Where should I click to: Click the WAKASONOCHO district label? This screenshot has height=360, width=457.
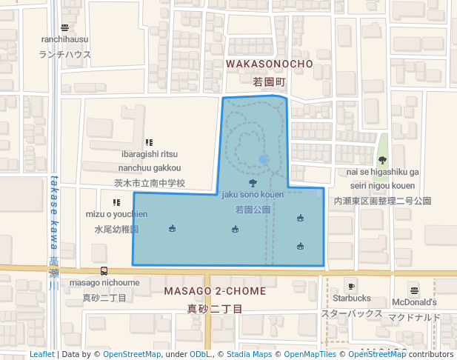(x=269, y=64)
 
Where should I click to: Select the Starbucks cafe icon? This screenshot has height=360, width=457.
(x=351, y=286)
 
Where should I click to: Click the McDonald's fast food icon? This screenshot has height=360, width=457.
(x=414, y=290)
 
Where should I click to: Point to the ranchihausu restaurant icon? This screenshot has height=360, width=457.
(x=65, y=27)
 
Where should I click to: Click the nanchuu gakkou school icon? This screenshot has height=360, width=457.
(x=149, y=142)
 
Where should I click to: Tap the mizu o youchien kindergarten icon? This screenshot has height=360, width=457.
(x=116, y=202)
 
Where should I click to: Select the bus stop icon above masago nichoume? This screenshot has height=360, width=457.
(x=104, y=271)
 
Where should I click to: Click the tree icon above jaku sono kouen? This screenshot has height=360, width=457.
(x=253, y=183)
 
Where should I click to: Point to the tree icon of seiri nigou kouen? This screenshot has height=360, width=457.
(x=382, y=159)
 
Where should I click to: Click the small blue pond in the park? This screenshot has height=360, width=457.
(x=263, y=159)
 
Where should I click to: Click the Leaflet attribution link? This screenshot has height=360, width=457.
(x=42, y=354)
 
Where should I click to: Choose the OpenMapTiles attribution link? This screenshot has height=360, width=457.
(x=309, y=354)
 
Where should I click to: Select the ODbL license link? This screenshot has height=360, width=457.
(x=199, y=354)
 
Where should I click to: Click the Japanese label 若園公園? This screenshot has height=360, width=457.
(x=253, y=210)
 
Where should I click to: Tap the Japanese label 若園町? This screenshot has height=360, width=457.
(x=269, y=81)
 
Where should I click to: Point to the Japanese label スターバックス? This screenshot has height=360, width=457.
(x=352, y=313)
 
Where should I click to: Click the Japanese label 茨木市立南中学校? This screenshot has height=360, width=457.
(x=149, y=183)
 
